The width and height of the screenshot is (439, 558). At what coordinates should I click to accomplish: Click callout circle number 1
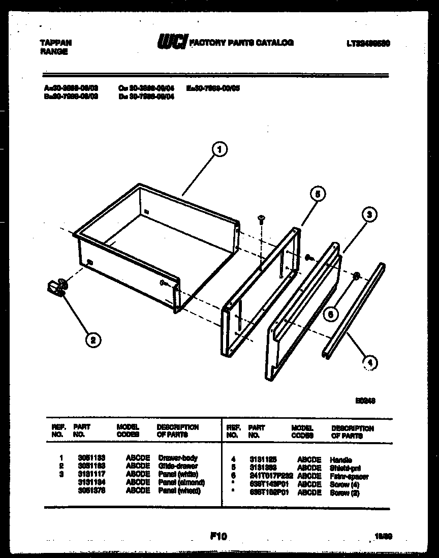click(x=218, y=149)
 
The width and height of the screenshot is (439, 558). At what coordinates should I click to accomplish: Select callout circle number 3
click(x=369, y=215)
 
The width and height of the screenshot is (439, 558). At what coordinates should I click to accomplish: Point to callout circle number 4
click(x=370, y=362)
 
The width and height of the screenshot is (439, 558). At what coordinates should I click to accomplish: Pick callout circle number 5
click(x=317, y=193)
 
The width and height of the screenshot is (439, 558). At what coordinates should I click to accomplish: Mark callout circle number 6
click(x=330, y=315)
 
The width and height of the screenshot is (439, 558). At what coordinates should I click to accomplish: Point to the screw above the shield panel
click(x=261, y=219)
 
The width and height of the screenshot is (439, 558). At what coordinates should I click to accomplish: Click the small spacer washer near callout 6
click(x=357, y=276)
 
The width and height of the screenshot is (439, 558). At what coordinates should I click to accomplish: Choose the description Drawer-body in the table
click(x=178, y=458)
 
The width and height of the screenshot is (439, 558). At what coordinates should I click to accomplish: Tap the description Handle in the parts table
click(x=340, y=460)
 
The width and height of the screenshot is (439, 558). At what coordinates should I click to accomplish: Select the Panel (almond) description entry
click(x=181, y=482)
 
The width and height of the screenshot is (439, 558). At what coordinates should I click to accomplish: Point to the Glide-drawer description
click(x=178, y=466)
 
